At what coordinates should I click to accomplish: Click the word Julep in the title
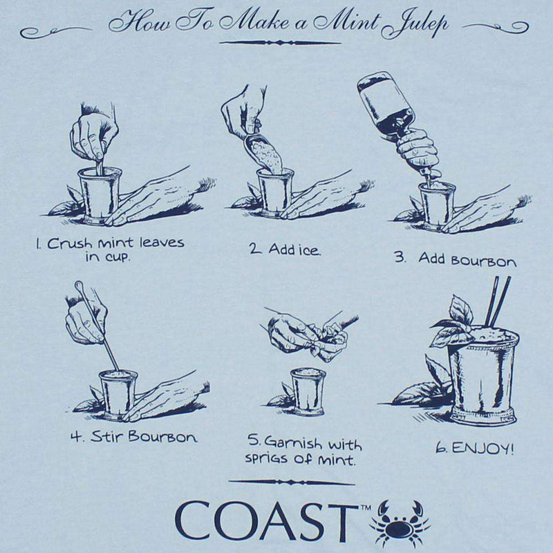[x=414, y=24]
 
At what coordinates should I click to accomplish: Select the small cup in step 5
[x=308, y=390]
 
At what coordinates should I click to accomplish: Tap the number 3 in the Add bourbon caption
[x=400, y=258]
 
